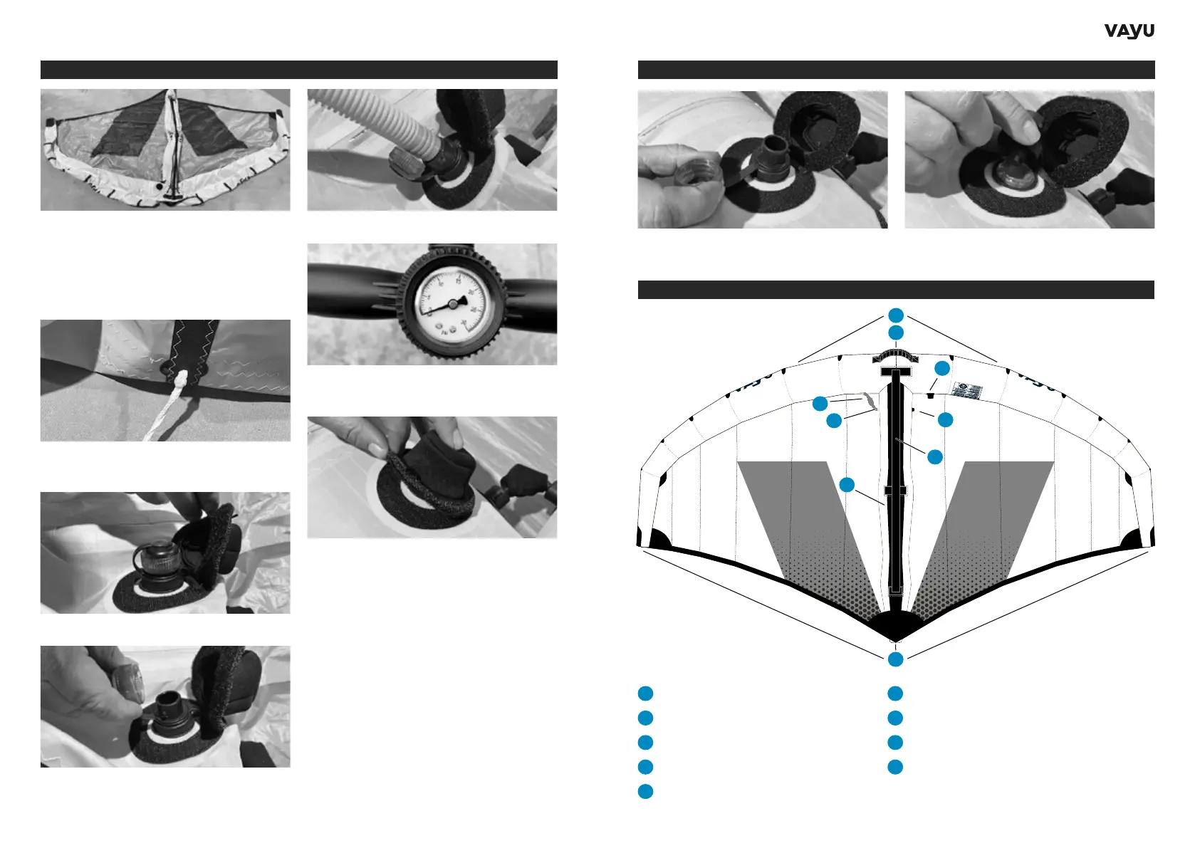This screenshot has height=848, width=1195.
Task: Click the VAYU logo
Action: click(x=1129, y=31)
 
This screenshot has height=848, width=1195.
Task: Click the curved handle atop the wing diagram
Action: click(x=895, y=356)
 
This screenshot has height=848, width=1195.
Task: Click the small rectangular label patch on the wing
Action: click(x=967, y=391)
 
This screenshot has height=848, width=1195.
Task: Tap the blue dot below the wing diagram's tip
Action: click(x=896, y=659)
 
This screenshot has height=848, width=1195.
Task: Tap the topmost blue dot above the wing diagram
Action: click(x=896, y=315)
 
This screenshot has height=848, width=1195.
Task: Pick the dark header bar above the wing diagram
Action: click(x=896, y=290)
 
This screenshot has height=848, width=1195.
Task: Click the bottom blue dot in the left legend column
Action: click(x=645, y=791)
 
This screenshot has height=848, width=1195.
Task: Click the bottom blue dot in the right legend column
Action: click(x=895, y=767)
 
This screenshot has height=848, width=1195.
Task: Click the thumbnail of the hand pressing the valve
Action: click(x=1029, y=159)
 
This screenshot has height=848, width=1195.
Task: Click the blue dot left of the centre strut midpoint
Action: click(x=847, y=485)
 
